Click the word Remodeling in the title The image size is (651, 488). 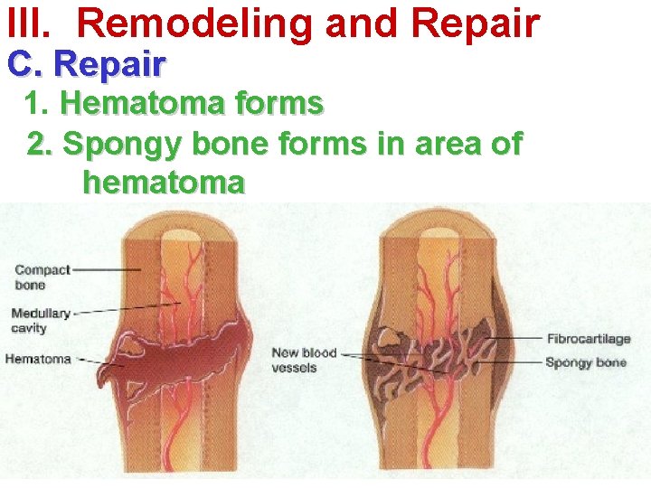196,24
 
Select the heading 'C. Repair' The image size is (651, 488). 87,65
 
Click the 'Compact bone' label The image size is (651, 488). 42,277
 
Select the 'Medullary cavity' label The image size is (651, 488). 41,321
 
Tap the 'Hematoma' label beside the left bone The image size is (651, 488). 38,359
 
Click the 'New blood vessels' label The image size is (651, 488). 305,360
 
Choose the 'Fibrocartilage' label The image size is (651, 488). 589,339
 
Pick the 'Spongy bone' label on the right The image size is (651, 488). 586,362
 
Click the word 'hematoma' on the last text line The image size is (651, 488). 163,183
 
